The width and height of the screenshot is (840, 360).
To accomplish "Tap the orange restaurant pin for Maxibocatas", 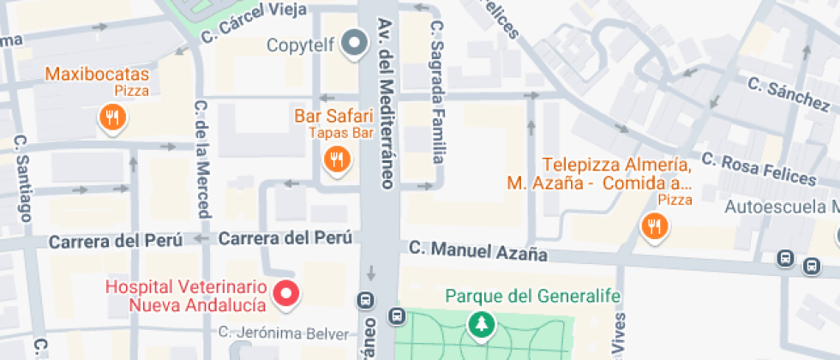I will pos(111,117).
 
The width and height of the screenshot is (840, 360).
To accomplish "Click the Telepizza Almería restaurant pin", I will pos(655,226).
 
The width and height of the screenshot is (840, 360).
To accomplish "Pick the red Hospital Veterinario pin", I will pos(286,295).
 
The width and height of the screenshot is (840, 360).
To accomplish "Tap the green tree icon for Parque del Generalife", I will pos(482,324).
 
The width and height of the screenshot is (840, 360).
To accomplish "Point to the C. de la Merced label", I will pos(203,159).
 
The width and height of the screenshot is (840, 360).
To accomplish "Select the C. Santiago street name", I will pos(22,179).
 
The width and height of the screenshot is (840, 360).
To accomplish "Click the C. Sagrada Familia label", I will pos(438,92).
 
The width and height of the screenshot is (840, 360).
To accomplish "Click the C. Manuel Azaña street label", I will pos(477,251).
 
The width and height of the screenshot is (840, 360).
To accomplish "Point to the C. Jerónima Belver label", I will pos(284,333).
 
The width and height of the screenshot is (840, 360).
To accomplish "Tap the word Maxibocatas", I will pos(98,74).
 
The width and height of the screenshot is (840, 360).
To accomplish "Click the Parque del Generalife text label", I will pos(532,297).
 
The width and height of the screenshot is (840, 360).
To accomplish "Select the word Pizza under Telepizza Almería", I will pos(675,200).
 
